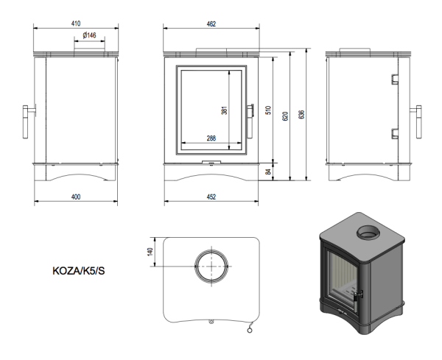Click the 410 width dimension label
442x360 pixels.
click(76, 24)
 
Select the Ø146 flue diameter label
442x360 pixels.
click(89, 35)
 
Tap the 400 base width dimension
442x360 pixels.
click(76, 197)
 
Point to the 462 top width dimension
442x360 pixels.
click(211, 24)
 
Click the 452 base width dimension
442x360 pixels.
click(211, 197)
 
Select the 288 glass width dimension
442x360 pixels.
click(211, 138)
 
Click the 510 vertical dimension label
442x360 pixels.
click(269, 111)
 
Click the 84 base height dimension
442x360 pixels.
click(269, 172)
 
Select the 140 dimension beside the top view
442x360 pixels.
click(150, 252)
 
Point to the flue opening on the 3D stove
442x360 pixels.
click(368, 235)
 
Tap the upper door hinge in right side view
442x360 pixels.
click(395, 78)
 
